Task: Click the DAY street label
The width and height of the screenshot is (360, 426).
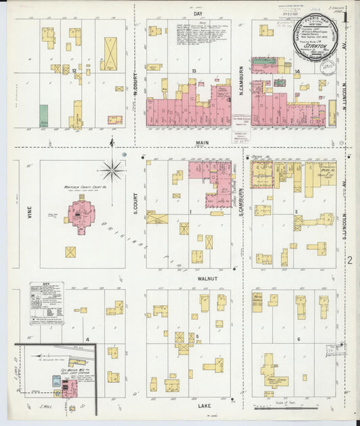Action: pyautogui.click(x=199, y=14)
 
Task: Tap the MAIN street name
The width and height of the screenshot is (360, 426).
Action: pyautogui.click(x=202, y=143)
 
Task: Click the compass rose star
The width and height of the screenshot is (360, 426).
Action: pyautogui.click(x=112, y=169)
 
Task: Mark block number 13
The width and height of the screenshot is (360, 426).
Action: pyautogui.click(x=193, y=71)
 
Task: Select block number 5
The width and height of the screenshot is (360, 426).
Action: pyautogui.click(x=197, y=335)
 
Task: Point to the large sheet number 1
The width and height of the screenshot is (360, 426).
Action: pyautogui.click(x=346, y=16)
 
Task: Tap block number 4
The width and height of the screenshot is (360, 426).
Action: pyautogui.click(x=87, y=338)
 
